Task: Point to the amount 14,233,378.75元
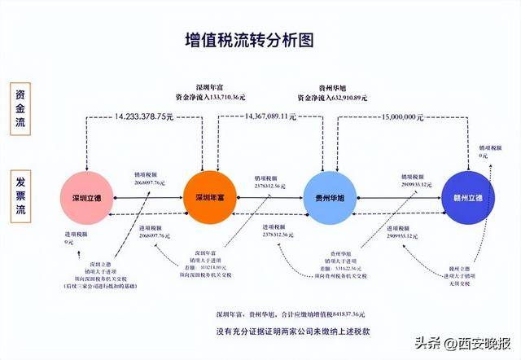[144, 116]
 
